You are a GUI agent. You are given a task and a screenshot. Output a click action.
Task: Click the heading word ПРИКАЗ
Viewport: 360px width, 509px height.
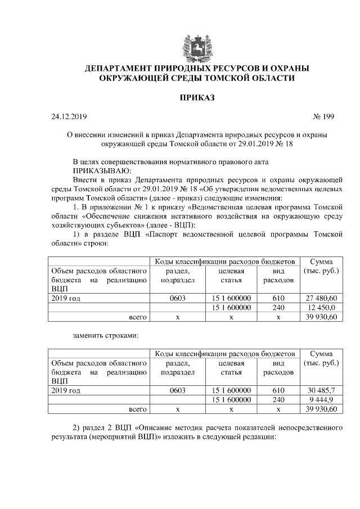coord(197,98)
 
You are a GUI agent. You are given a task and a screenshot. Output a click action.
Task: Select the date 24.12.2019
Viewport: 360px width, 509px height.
coord(66,117)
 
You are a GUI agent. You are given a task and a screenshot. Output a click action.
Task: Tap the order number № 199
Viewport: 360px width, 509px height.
coord(323,117)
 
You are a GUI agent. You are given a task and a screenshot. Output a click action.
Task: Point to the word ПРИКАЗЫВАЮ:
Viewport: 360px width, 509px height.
coord(102,170)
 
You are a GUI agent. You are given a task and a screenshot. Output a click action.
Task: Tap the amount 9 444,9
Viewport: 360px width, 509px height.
coord(321,399)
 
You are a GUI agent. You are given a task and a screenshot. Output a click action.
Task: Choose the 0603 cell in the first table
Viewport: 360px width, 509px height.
coord(177,298)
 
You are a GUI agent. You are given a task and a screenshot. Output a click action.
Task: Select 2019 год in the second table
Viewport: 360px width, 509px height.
coord(65,390)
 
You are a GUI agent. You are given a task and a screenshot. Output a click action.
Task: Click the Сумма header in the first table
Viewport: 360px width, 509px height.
coord(321,262)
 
